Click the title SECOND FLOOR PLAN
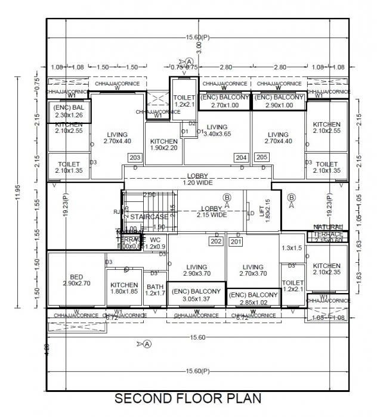[x=187, y=398]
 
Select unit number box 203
[x=135, y=158]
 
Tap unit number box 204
[x=241, y=158]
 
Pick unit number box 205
[x=261, y=158]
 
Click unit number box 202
[x=216, y=241]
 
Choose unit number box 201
[x=236, y=241]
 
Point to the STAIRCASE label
[x=149, y=217]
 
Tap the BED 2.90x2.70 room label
[x=76, y=281]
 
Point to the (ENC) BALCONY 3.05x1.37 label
[x=196, y=294]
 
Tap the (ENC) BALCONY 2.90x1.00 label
[x=278, y=101]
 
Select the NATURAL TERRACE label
[x=328, y=231]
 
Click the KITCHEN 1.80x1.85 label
[x=124, y=289]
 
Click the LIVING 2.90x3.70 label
[x=196, y=271]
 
